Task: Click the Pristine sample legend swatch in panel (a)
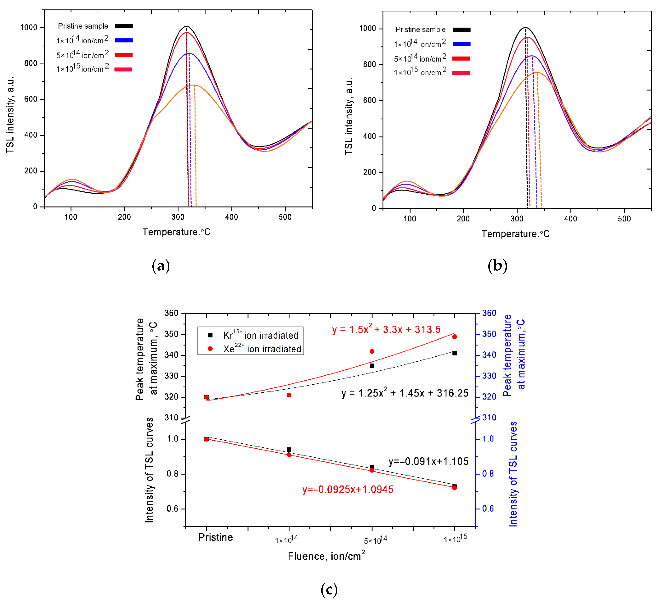tap(124, 26)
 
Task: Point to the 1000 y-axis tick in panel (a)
tap(29, 28)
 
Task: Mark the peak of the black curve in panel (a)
tap(186, 26)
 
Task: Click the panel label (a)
tap(161, 266)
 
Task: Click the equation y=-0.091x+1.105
tap(428, 461)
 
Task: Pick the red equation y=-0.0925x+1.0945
tap(348, 489)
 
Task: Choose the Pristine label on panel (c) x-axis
tap(215, 537)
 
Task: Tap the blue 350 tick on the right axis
tap(489, 334)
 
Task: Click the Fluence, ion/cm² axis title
tap(326, 556)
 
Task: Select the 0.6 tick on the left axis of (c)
tap(172, 509)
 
